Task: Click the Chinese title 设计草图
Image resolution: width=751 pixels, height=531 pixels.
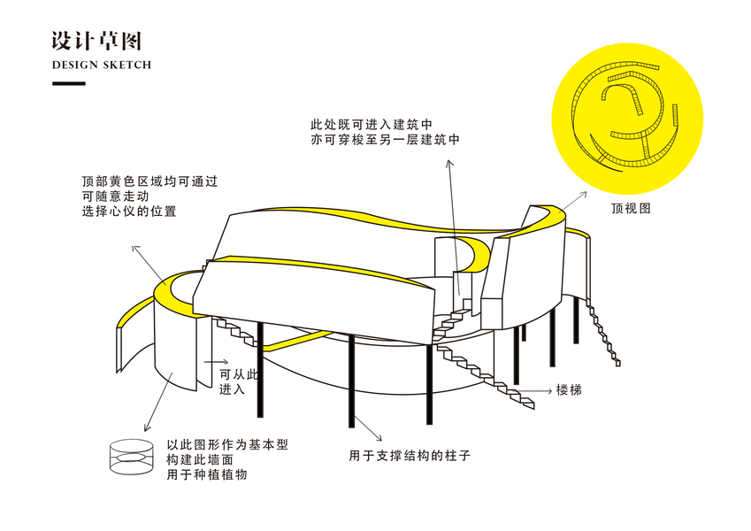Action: [x=96, y=42]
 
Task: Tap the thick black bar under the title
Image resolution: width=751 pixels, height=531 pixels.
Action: [x=69, y=84]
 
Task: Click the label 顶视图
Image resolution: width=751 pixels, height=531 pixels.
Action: [x=631, y=210]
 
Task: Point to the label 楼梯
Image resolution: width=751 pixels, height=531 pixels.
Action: [x=569, y=389]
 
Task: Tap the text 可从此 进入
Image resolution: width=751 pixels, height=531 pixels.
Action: [x=239, y=381]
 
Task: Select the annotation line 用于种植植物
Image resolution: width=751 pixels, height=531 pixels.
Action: [x=206, y=475]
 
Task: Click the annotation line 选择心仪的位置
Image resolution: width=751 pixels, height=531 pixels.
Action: [x=129, y=212]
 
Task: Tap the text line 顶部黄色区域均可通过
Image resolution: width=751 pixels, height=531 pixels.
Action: [x=149, y=181]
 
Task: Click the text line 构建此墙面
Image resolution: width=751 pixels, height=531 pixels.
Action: [x=200, y=459]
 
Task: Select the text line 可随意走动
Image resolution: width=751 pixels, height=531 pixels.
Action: [x=115, y=196]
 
